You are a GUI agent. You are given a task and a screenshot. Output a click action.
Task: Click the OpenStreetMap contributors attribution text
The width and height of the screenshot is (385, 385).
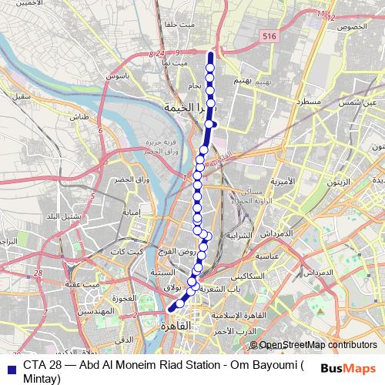click(x=317, y=346)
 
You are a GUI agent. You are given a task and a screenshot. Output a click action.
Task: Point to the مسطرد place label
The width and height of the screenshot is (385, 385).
click(x=294, y=102)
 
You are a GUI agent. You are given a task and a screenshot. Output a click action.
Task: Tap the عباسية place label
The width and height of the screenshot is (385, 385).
click(x=269, y=254)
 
